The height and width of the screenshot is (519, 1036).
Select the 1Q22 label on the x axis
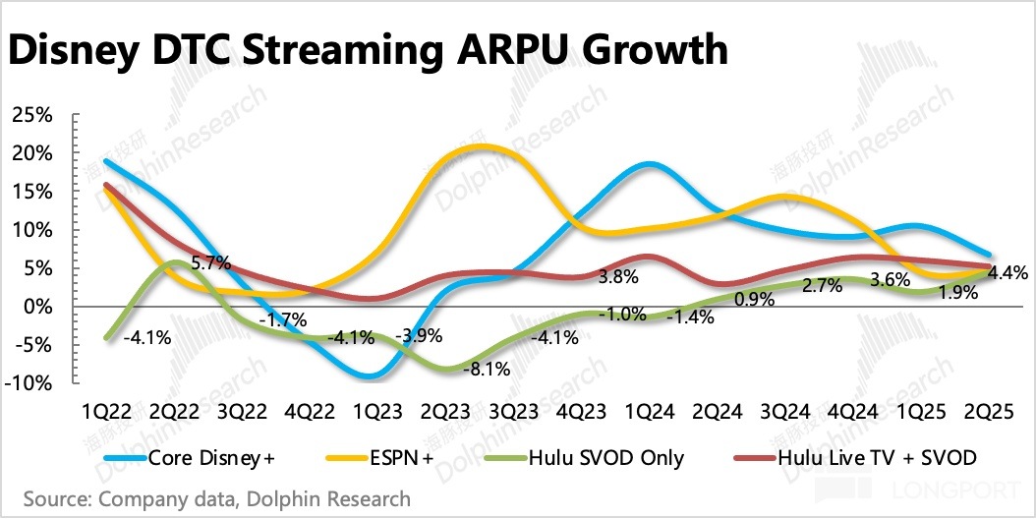tap(104, 409)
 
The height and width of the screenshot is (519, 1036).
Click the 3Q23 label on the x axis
tap(512, 409)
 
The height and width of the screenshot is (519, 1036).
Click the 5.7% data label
tap(210, 263)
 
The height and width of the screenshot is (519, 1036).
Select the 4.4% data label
tap(1007, 273)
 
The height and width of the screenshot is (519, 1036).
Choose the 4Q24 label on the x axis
tap(852, 409)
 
